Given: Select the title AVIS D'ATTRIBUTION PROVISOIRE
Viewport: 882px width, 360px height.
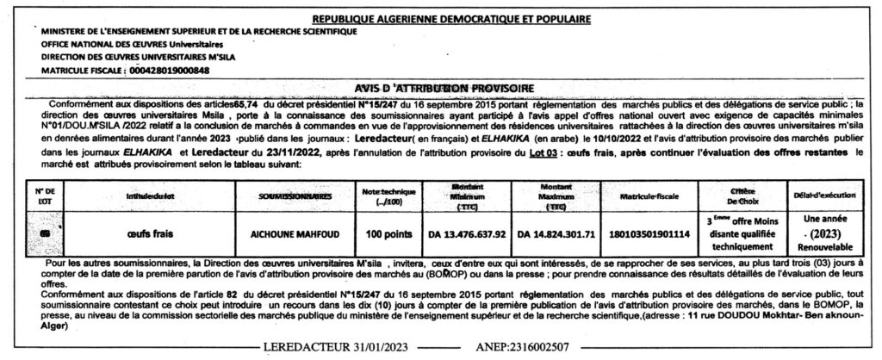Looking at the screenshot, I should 444,87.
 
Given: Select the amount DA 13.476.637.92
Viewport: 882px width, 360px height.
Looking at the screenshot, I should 468,233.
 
